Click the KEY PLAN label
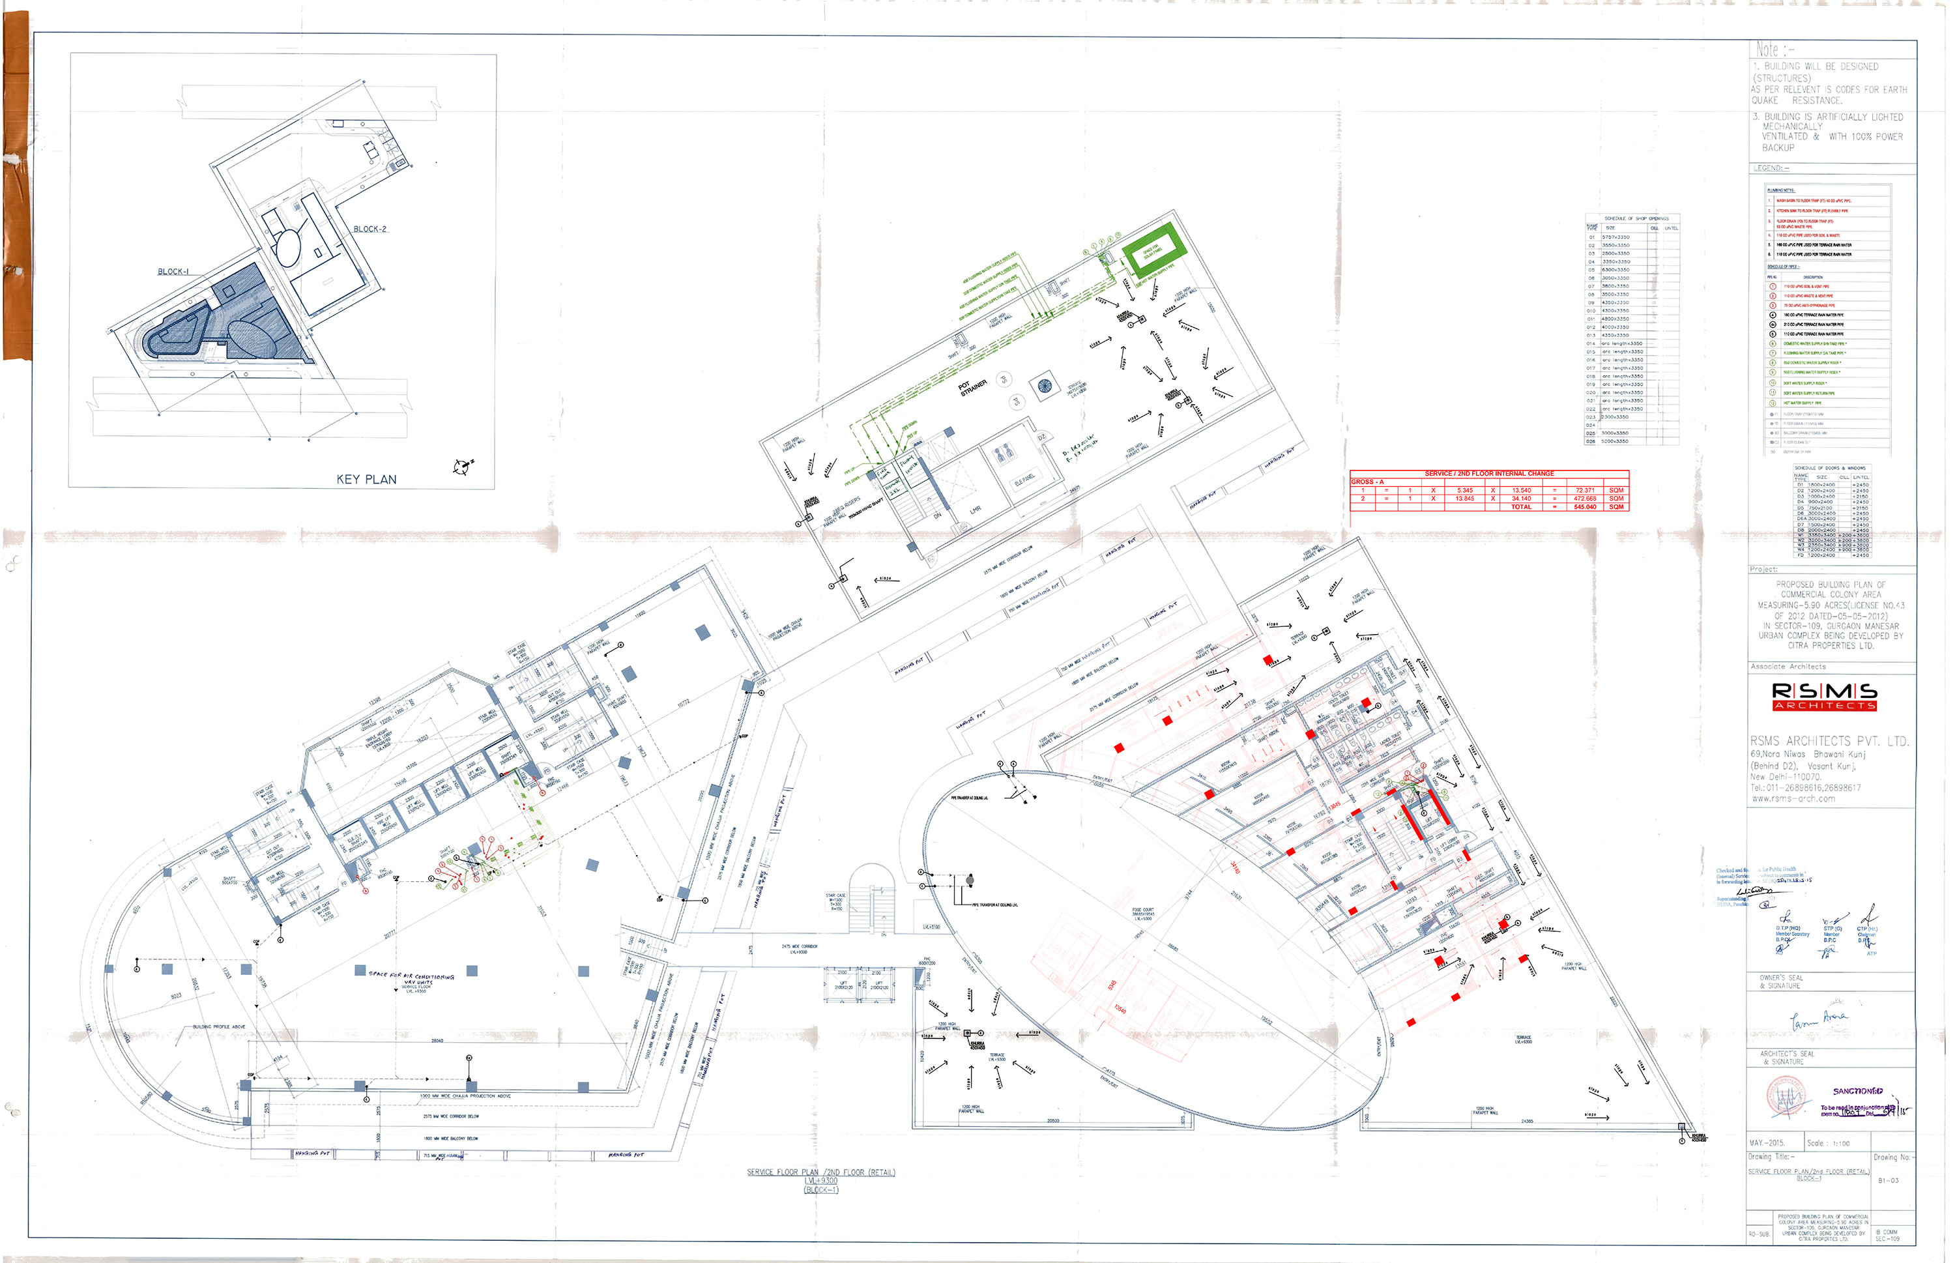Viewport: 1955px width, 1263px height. point(366,480)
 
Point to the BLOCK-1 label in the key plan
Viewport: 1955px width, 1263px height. point(173,272)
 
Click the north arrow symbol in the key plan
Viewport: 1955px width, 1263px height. point(461,467)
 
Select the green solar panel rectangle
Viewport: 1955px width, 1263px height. point(1152,250)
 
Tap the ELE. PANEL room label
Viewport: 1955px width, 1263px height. point(1024,478)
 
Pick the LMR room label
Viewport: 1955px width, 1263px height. point(975,510)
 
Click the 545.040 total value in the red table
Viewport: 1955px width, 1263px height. point(1584,507)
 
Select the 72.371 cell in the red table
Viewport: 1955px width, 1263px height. point(1584,491)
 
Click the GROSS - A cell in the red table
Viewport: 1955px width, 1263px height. point(1368,482)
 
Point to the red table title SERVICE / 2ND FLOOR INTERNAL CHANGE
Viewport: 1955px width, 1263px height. point(1488,473)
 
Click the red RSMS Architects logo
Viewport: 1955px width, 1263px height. point(1824,696)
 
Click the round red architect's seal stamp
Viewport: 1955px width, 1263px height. point(1787,1097)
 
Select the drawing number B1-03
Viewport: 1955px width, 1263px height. point(1888,1181)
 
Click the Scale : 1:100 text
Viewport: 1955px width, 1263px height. point(1828,1143)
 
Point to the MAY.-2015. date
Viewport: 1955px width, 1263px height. point(1767,1143)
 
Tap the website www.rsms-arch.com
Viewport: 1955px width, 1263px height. point(1793,799)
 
